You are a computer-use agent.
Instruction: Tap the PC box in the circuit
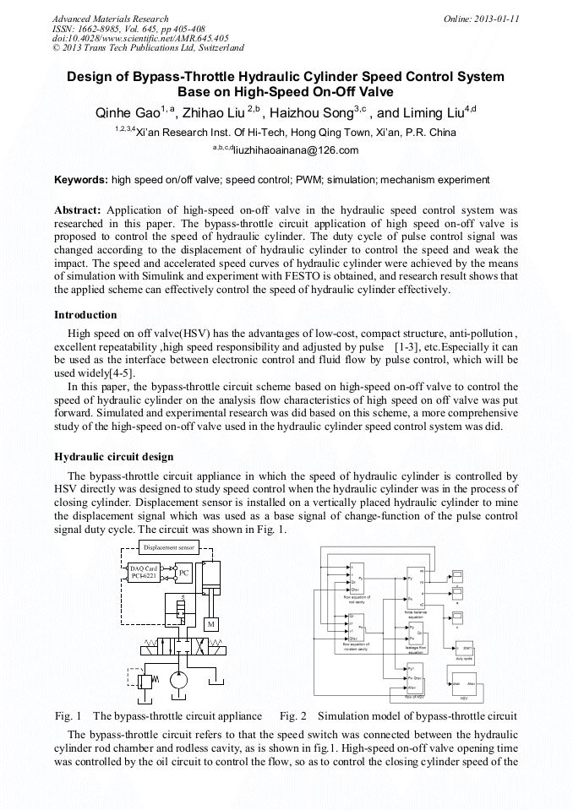coord(183,573)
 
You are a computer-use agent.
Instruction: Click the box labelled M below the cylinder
coord(212,624)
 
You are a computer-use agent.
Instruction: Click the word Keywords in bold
coord(80,180)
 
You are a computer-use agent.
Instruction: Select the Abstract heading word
coord(78,209)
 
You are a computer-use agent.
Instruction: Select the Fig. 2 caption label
coord(292,716)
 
